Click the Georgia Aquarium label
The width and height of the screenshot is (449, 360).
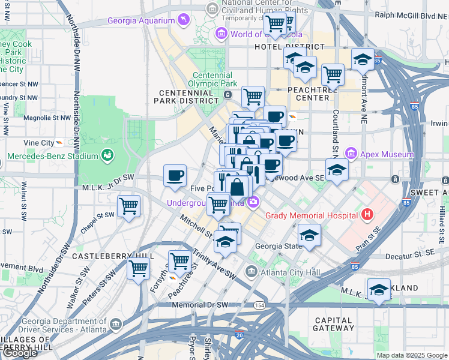140,21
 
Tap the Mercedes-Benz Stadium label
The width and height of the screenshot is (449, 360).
52,157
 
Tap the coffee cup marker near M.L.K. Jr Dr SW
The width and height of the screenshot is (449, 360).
175,175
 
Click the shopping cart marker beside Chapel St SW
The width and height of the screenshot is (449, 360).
128,206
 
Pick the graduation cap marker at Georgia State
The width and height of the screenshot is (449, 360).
309,235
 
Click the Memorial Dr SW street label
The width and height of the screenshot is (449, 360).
200,305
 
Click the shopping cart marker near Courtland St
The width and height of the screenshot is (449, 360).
333,74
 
